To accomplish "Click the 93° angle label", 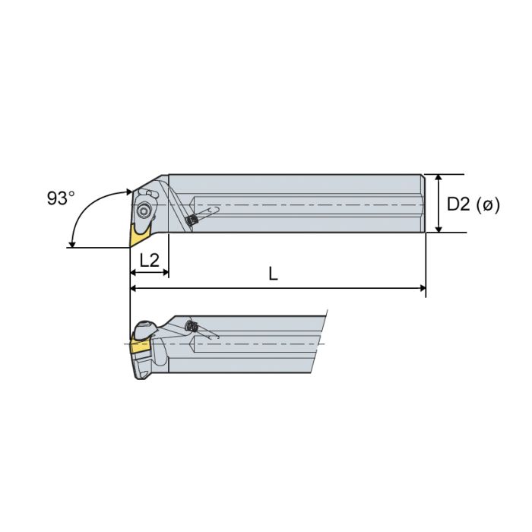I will tap(61, 198).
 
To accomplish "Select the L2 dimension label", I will tap(149, 259).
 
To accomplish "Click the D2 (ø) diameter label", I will tap(473, 204).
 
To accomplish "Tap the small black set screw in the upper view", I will tap(192, 220).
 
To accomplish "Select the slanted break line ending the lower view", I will tap(319, 342).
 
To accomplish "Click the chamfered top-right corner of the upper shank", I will tap(422, 177).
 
